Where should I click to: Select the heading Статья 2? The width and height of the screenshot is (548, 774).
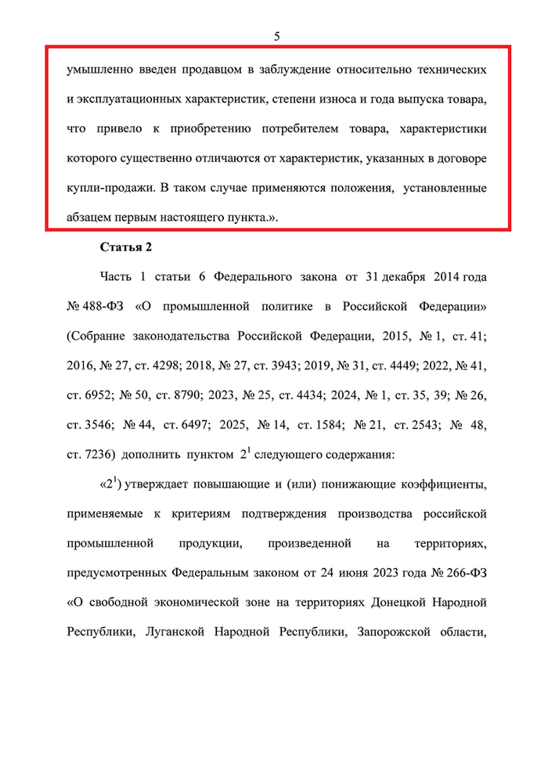(126, 248)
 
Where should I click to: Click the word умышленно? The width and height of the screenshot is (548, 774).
(99, 70)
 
